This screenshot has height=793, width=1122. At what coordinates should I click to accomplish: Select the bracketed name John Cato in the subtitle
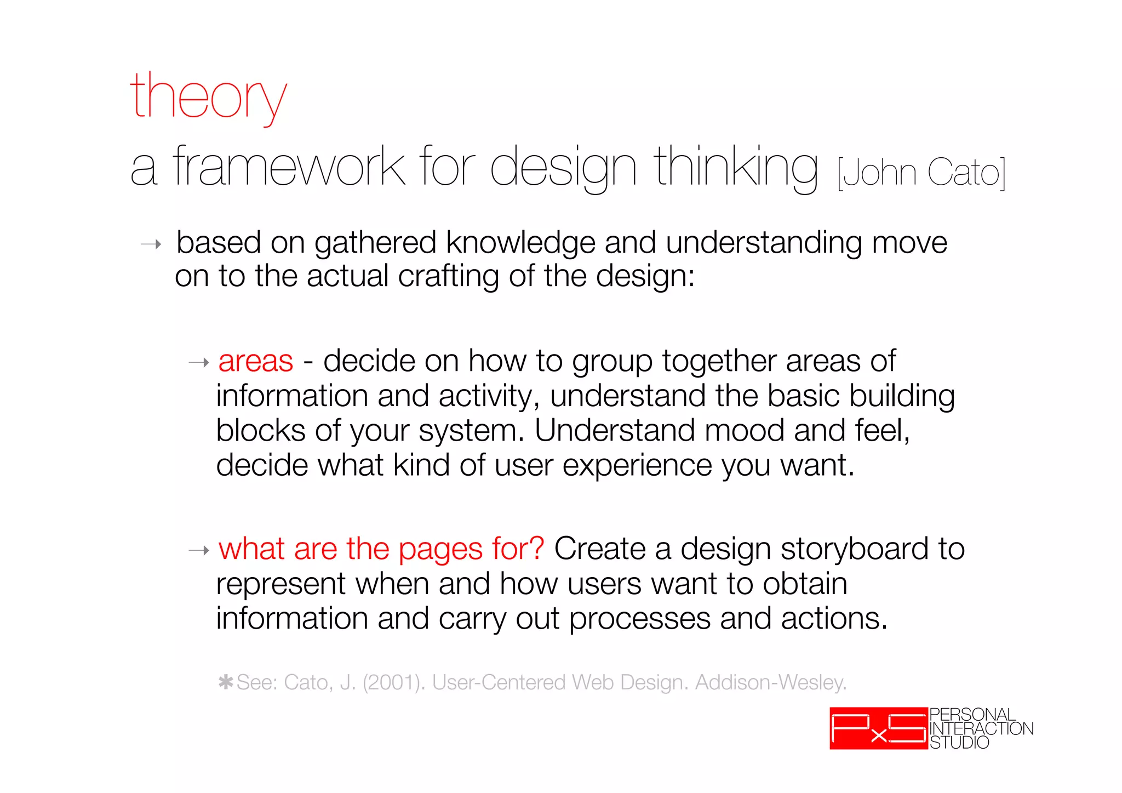(x=921, y=173)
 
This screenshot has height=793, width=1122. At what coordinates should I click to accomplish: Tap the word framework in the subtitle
(x=289, y=167)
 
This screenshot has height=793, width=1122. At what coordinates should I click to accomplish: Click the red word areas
(x=256, y=361)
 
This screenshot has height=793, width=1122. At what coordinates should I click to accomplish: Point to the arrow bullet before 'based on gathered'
(x=151, y=244)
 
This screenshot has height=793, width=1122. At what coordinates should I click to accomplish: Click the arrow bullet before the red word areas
(x=199, y=362)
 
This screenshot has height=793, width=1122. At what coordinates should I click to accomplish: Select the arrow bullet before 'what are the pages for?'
(x=199, y=550)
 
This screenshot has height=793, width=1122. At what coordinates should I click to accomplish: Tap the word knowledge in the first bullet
(x=520, y=243)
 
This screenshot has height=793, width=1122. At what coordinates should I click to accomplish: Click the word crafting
(x=448, y=276)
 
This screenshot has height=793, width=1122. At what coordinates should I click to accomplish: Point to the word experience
(x=637, y=466)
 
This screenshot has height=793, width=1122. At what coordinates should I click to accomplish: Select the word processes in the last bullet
(x=640, y=619)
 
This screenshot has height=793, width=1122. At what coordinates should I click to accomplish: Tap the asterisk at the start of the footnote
(x=226, y=682)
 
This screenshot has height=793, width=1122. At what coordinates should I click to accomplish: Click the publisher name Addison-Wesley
(x=770, y=682)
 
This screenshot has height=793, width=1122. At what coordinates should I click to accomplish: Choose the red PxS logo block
(x=878, y=728)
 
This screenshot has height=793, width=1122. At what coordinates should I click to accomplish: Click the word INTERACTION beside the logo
(x=981, y=728)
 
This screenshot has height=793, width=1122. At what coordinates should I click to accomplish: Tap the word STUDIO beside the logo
(x=959, y=743)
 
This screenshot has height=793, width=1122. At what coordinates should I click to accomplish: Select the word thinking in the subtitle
(x=736, y=167)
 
